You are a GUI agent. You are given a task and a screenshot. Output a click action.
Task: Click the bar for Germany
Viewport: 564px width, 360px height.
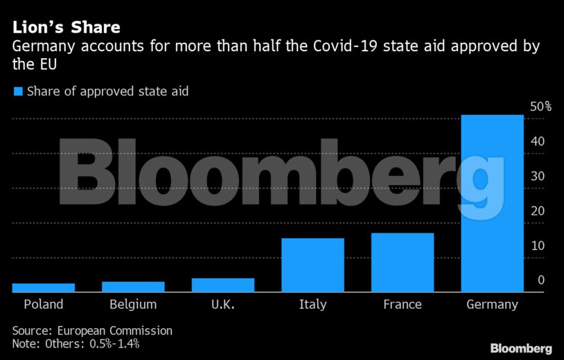[492, 204]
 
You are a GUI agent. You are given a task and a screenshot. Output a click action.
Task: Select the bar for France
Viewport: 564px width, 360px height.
[403, 262]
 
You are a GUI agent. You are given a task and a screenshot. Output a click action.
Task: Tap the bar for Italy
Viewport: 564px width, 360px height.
[312, 265]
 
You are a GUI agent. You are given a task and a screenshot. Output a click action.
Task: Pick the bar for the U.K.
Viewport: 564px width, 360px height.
[223, 285]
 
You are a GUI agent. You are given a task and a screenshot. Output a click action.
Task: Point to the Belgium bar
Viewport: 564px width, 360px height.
[133, 287]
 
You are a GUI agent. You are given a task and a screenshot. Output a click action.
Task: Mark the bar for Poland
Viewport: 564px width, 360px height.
[44, 288]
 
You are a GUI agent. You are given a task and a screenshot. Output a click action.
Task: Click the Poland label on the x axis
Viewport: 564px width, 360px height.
[44, 305]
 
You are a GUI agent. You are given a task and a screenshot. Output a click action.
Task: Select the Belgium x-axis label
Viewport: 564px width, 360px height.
[133, 305]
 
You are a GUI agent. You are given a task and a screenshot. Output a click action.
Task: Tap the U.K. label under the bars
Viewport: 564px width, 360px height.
[223, 305]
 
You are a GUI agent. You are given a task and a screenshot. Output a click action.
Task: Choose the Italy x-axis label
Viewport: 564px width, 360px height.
[312, 305]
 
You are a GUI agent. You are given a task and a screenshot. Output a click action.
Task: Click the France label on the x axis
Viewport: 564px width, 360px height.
[403, 305]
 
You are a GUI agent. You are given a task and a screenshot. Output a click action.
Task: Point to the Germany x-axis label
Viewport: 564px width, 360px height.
[492, 305]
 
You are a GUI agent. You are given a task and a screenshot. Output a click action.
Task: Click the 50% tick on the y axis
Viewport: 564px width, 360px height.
[540, 107]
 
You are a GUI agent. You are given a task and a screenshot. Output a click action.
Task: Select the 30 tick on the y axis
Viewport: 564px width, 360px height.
[537, 176]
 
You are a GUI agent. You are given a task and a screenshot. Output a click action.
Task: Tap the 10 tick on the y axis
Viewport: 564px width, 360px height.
[537, 245]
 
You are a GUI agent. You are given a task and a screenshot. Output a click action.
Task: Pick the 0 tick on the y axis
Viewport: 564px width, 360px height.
[540, 280]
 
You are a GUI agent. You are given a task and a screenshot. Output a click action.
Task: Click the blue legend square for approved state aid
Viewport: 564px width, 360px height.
[18, 91]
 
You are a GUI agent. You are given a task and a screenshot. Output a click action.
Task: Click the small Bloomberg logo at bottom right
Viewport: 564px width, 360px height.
[521, 348]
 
